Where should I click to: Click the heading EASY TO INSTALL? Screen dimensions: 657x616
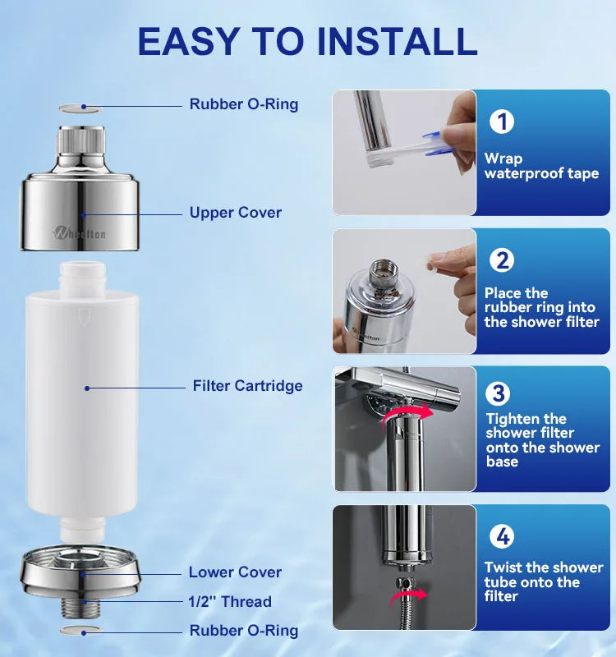[307, 40]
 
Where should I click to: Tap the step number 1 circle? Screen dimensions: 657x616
[502, 122]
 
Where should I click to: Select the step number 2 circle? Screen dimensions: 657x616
[502, 260]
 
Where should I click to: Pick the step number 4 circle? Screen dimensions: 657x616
[502, 537]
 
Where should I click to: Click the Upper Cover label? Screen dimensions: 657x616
[235, 213]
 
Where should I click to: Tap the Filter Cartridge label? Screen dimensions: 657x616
[247, 386]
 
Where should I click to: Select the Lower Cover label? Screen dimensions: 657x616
[235, 572]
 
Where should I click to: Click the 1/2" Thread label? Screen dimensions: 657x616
[230, 602]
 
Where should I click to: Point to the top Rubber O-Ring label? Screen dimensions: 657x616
[244, 104]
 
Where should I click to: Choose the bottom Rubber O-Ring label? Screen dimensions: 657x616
[244, 631]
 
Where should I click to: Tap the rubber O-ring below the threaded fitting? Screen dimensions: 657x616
[80, 630]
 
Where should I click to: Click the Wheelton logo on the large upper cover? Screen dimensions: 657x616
[80, 234]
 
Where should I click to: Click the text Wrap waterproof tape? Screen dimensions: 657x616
[540, 166]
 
